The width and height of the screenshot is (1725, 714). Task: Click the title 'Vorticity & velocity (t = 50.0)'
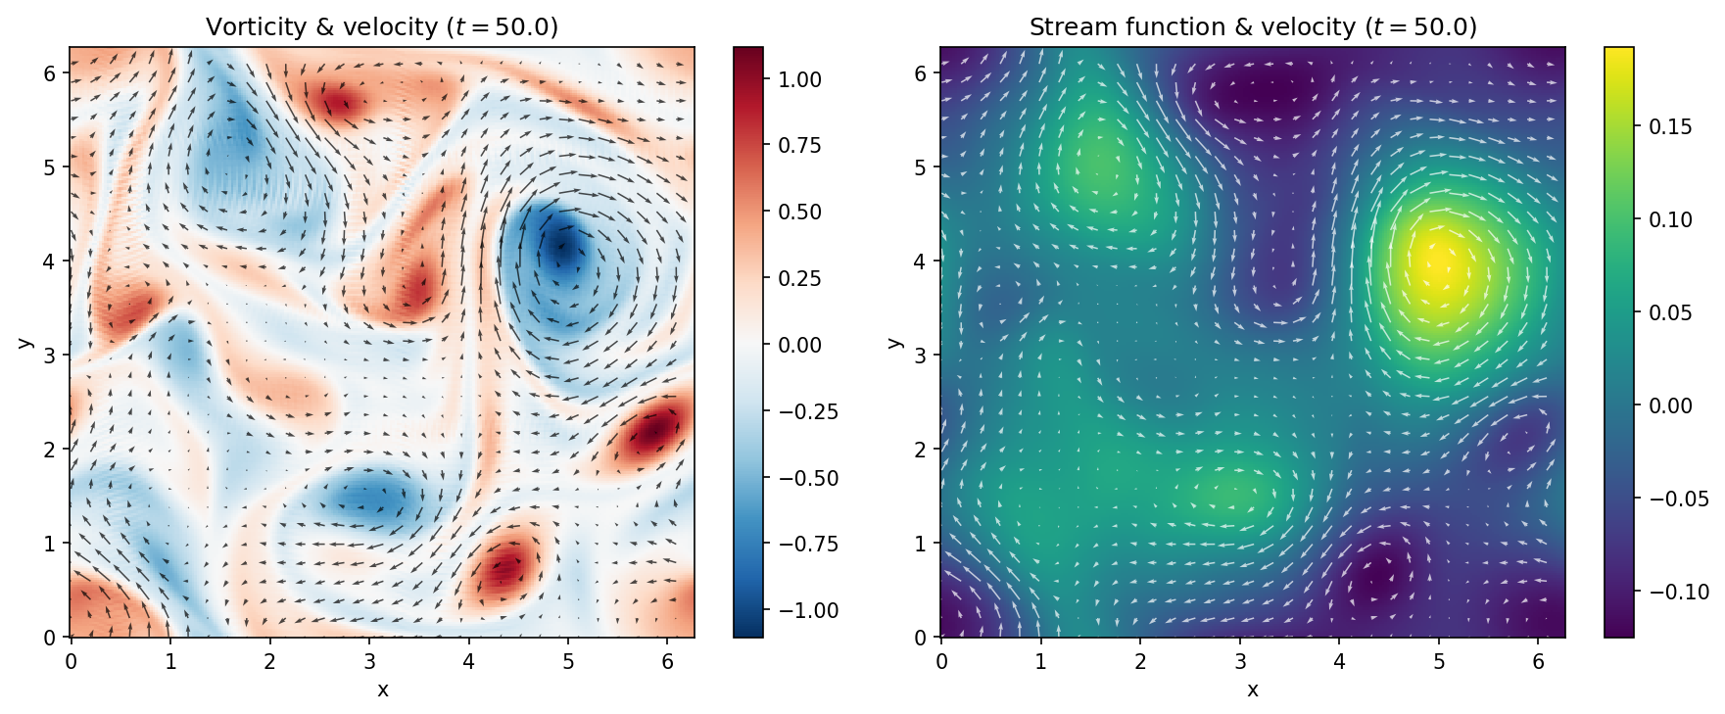[x=382, y=26]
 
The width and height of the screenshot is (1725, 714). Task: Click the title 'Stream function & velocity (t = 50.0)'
[x=1252, y=26]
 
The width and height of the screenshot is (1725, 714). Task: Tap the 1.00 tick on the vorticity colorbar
[x=799, y=79]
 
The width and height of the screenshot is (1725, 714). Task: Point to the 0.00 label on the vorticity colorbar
[x=799, y=345]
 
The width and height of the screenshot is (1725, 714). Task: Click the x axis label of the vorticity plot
[x=382, y=690]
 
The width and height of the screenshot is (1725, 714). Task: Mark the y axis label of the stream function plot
[x=893, y=342]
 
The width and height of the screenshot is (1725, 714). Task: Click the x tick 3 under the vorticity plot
[x=369, y=662]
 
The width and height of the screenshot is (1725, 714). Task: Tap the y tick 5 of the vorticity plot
[x=48, y=167]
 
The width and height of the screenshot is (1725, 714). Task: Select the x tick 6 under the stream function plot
[x=1538, y=662]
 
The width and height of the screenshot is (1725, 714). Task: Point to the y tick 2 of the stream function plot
[x=920, y=449]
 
